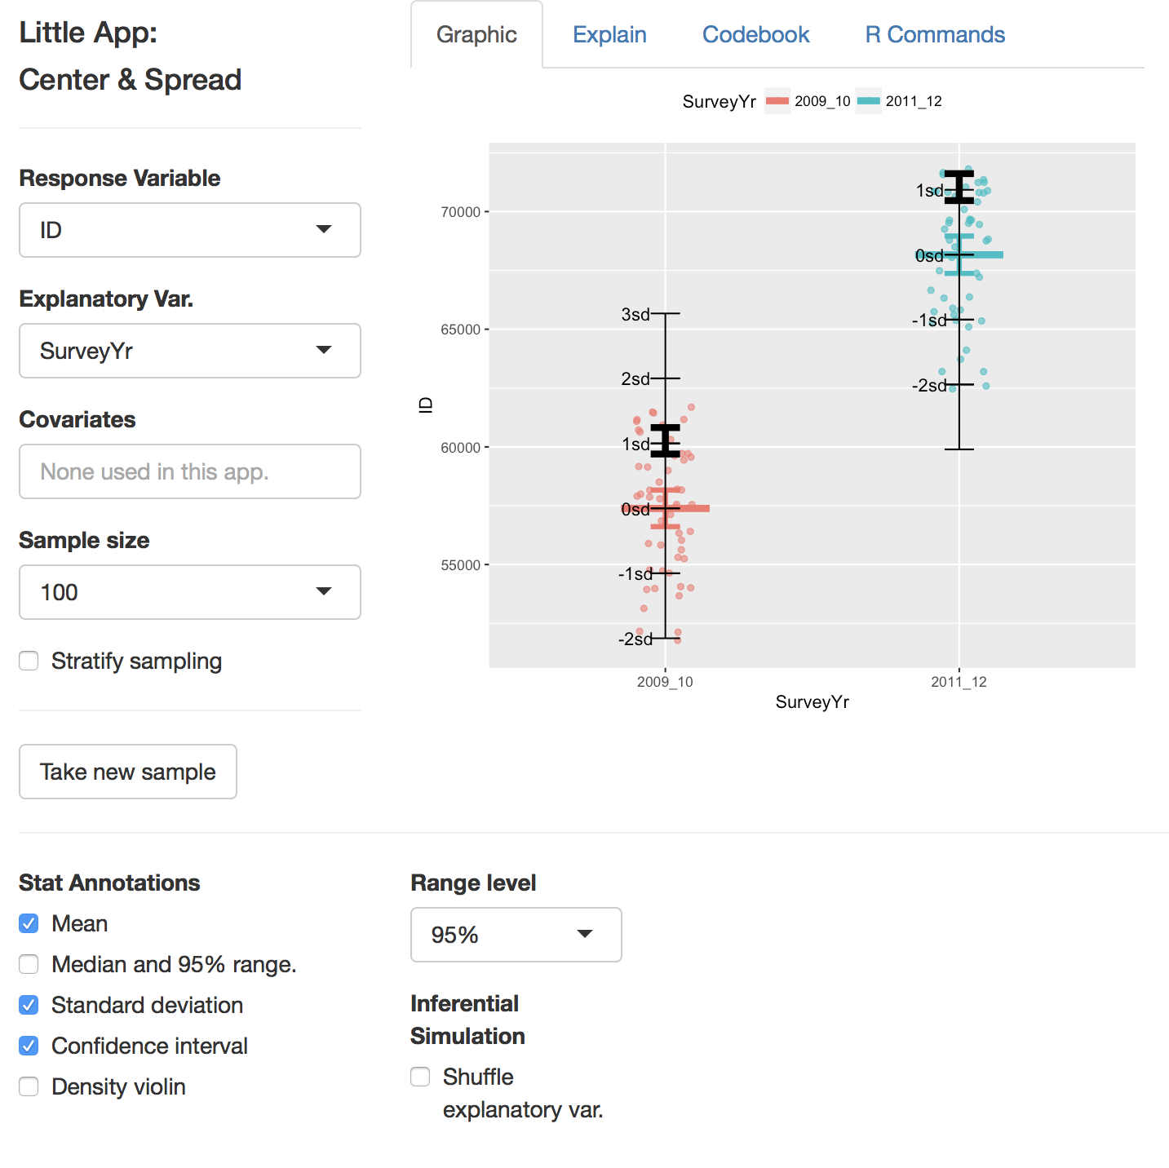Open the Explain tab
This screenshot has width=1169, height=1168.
click(x=609, y=35)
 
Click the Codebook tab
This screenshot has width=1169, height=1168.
click(x=755, y=35)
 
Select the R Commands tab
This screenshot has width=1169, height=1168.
click(x=935, y=35)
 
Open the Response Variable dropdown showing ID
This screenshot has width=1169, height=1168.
click(x=190, y=230)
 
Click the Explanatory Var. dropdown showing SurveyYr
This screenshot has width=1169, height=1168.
click(x=190, y=351)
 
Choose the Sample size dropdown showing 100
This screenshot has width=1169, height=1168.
click(x=190, y=592)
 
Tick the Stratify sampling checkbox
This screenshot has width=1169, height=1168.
click(x=29, y=661)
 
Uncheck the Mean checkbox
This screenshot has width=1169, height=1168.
click(x=29, y=923)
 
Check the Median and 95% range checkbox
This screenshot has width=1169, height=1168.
click(x=29, y=964)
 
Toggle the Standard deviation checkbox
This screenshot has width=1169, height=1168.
click(x=29, y=1005)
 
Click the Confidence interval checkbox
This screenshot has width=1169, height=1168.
click(x=29, y=1046)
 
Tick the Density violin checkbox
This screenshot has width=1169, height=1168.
click(x=29, y=1086)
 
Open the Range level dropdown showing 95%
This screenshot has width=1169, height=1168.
click(x=516, y=935)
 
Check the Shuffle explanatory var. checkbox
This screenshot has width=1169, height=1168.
click(x=421, y=1077)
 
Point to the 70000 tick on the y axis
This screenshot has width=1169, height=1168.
click(x=461, y=212)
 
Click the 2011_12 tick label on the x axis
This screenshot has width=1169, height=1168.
click(x=959, y=682)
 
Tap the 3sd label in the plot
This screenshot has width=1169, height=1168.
click(x=635, y=314)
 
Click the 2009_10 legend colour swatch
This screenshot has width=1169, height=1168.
click(x=777, y=101)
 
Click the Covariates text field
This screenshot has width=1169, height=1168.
click(x=190, y=471)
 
